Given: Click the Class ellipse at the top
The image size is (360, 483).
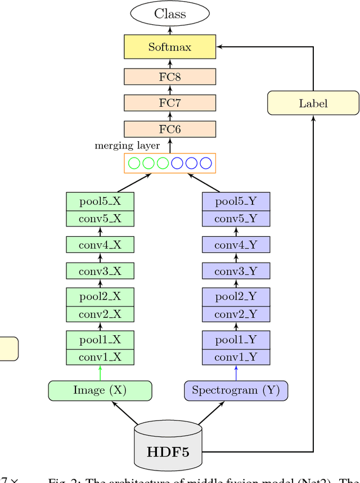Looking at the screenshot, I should coord(170,14).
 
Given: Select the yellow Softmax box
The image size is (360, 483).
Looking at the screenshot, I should coord(170,47).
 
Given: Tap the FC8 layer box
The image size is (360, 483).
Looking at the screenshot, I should coord(170,77).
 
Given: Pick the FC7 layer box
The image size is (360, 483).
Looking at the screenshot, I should coord(170,103).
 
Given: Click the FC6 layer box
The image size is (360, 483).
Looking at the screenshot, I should coord(170,129).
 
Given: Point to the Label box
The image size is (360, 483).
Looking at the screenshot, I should coord(313,103).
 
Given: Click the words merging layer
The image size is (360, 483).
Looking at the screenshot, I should coord(127,146).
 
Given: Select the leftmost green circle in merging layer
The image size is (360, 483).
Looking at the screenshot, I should coord(134,164).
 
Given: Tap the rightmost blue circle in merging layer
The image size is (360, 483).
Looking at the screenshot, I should coord(206,164).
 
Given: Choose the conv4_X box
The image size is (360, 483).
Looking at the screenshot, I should coord(100,245).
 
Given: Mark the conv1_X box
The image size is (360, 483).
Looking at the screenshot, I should coord(100,356).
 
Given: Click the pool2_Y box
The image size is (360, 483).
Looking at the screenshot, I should coord(236,296).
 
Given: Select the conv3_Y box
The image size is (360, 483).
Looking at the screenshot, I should coord(236,272).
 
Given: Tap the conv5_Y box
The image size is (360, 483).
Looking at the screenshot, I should coord(236,219).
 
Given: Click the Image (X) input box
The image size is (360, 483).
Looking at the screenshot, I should coord(100,390).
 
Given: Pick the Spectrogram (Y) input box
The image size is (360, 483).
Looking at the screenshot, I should coord(236,390).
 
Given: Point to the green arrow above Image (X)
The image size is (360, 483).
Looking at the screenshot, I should coord(101,373).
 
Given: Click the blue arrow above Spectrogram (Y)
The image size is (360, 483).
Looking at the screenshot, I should coord(236,373).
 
